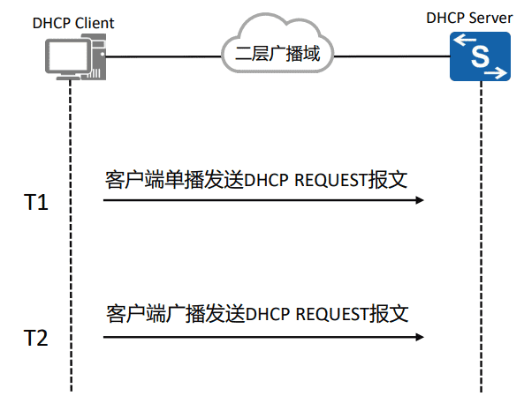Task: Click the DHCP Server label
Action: [x=482, y=17]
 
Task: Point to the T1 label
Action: [x=35, y=203]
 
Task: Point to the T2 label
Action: [x=35, y=338]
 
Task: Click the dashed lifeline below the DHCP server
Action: [x=482, y=265]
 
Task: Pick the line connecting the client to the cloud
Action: [x=163, y=57]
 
